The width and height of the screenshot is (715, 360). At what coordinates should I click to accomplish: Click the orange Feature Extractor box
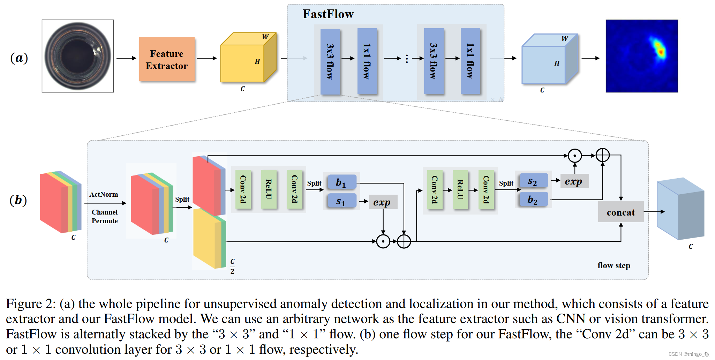tap(167, 59)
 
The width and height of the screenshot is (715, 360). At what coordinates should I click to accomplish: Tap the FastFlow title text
tap(328, 14)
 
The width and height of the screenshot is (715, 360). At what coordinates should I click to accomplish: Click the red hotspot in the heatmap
tap(660, 52)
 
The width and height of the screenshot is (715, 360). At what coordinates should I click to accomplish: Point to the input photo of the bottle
tap(78, 56)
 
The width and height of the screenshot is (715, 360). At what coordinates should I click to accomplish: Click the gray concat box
tap(620, 212)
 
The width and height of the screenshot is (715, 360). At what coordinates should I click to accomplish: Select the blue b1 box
tap(341, 182)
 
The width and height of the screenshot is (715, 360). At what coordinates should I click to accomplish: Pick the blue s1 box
tap(341, 201)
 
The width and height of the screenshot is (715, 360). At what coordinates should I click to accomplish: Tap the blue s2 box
tap(533, 181)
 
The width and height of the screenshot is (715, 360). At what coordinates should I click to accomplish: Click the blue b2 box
tap(533, 200)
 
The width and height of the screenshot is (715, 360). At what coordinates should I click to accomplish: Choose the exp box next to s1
tap(382, 202)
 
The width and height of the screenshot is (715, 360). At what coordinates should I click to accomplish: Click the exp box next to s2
tap(574, 181)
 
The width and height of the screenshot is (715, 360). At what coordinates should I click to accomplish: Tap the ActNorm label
tap(104, 194)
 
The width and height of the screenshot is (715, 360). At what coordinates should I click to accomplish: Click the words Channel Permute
tap(105, 216)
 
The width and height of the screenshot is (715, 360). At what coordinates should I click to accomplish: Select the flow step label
tap(614, 265)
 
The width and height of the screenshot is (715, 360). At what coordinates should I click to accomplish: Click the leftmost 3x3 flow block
tap(330, 61)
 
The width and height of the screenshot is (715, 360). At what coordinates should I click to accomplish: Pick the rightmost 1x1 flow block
tap(470, 61)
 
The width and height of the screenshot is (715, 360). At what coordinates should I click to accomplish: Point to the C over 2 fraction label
tap(232, 266)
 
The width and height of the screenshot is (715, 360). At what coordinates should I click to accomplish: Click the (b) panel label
tap(18, 200)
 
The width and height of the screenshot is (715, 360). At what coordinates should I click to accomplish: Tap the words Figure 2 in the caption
tap(30, 304)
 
